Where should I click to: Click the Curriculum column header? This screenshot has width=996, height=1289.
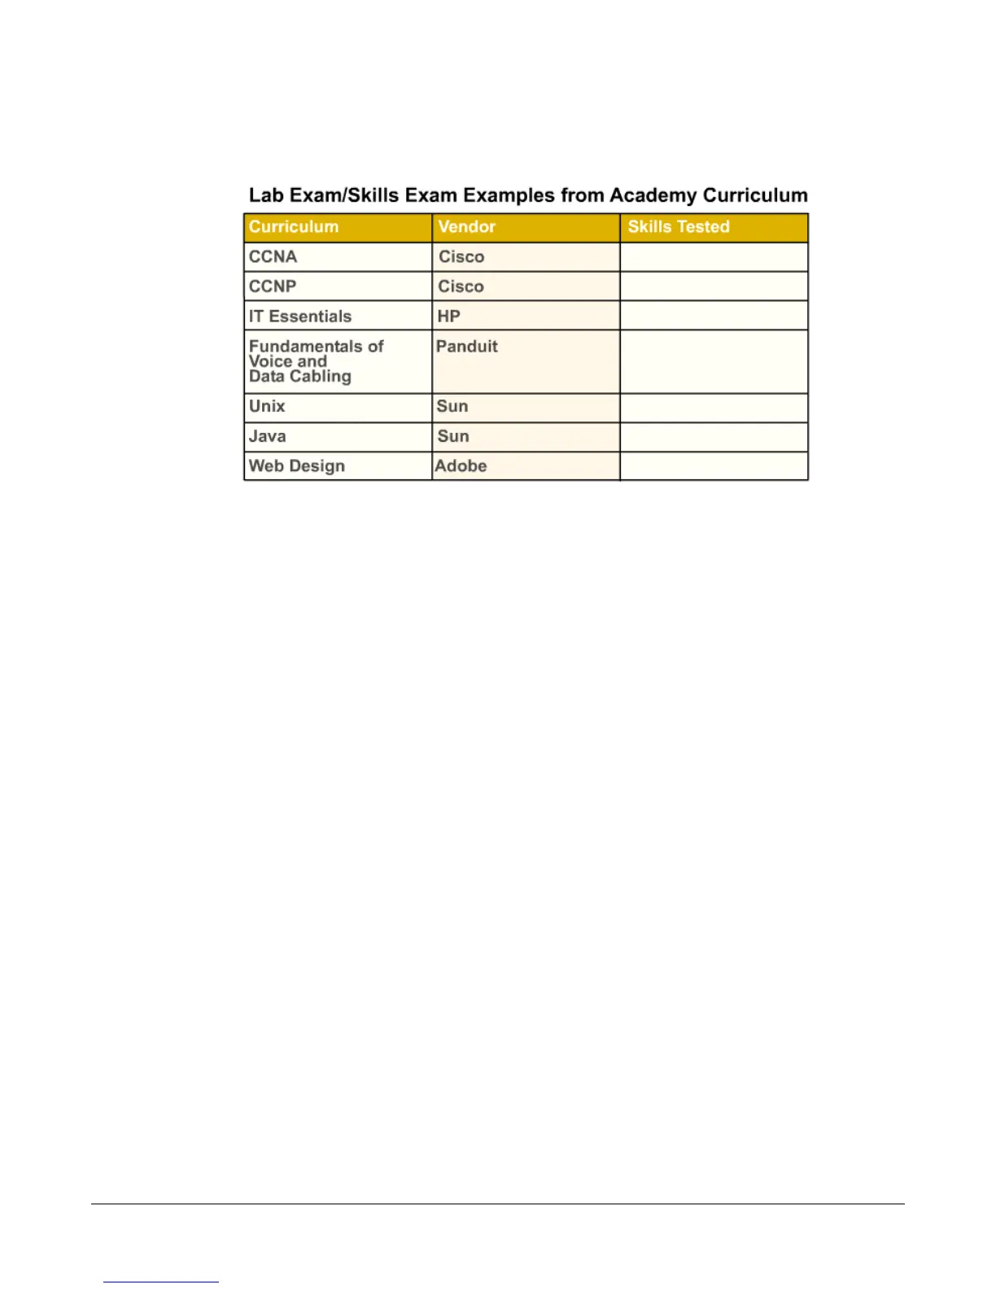pos(294,227)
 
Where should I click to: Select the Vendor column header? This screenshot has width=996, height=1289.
pos(466,227)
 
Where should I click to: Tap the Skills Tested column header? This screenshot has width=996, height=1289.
pos(679,227)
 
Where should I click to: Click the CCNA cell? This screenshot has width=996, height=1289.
pos(273,257)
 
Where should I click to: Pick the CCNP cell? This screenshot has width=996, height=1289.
pos(273,286)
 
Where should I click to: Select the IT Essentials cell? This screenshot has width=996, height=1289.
pos(300,317)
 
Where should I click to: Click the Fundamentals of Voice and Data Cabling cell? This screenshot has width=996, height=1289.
pos(316,361)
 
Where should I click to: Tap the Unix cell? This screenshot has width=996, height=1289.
pos(267,407)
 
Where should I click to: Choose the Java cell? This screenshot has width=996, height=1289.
pos(268,437)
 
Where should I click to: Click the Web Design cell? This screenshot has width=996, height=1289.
pos(297,466)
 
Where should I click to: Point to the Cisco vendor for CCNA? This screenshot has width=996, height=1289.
pos(461,257)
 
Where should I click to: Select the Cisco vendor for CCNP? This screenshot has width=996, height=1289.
pos(461,286)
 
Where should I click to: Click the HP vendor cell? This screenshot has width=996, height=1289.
pos(449,317)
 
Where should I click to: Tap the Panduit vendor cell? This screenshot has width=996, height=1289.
pos(467,347)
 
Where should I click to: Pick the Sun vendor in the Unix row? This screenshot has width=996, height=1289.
pos(452,407)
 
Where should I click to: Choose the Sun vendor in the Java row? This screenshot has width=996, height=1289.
pos(453,437)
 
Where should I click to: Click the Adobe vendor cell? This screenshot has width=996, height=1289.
pos(461,466)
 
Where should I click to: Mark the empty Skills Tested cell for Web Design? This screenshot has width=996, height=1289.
pos(714,466)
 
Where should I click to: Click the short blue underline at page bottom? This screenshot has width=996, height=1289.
pos(161,1282)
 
